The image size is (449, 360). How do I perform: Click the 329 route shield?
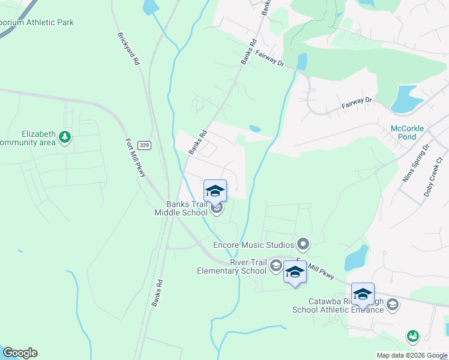(143, 145)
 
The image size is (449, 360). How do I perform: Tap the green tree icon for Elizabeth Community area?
(65, 138)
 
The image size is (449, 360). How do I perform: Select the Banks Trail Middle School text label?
(181, 208)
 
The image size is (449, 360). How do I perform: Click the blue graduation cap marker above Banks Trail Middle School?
(215, 191)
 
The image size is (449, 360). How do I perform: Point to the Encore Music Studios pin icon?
(303, 244)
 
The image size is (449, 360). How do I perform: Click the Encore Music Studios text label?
(253, 245)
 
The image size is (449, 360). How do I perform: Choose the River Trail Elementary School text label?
(232, 266)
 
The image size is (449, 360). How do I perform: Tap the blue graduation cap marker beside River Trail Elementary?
(294, 272)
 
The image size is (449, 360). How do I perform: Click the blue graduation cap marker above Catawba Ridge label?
(363, 294)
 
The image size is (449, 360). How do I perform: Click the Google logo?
(19, 353)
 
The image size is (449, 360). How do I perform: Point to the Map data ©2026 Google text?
(411, 355)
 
